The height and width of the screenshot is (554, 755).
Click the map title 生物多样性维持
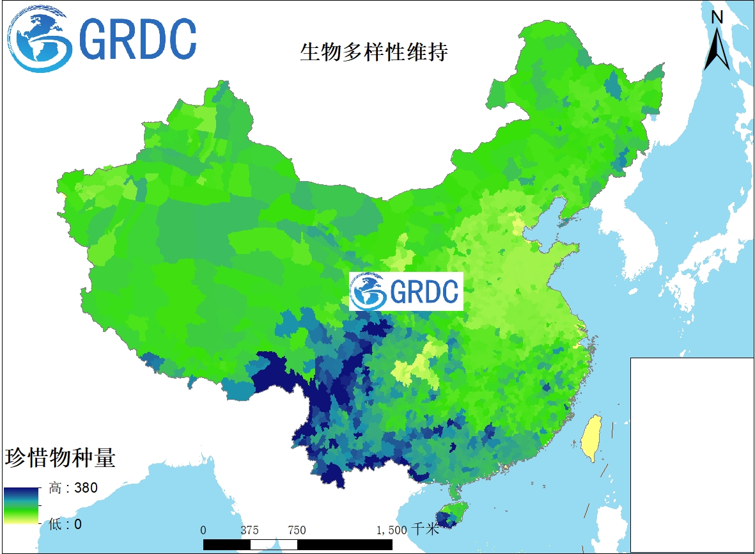pyautogui.click(x=374, y=52)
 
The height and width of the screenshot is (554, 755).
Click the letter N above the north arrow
pyautogui.click(x=717, y=17)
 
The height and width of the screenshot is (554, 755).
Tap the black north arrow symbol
pyautogui.click(x=717, y=49)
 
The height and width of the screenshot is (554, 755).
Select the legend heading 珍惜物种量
pyautogui.click(x=60, y=457)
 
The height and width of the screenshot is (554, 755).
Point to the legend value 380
pyautogui.click(x=85, y=488)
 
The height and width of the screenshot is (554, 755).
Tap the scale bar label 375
pyautogui.click(x=250, y=530)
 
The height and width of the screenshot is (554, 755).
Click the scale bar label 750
pyautogui.click(x=297, y=530)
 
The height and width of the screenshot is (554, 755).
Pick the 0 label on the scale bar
pyautogui.click(x=203, y=530)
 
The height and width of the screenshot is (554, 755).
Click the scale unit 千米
pyautogui.click(x=424, y=530)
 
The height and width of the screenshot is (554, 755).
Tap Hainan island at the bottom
pyautogui.click(x=450, y=516)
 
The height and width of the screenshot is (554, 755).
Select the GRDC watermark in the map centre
pyautogui.click(x=406, y=292)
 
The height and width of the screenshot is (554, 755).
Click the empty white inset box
pyautogui.click(x=692, y=454)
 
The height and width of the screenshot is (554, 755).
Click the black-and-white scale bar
pyautogui.click(x=297, y=544)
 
